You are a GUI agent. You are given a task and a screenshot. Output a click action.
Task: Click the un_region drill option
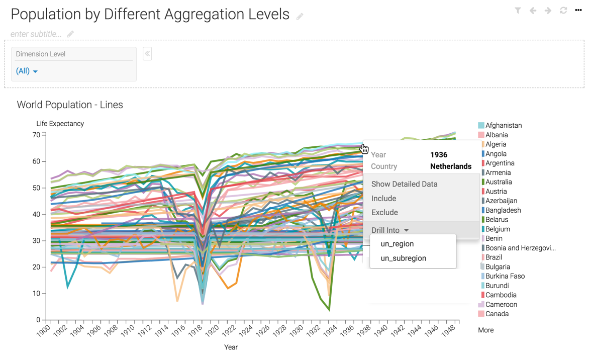(397, 244)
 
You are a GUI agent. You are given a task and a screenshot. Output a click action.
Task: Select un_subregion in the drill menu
(403, 258)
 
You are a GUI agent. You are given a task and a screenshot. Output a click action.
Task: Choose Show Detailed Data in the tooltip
(404, 184)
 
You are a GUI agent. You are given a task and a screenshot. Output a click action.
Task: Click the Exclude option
(384, 213)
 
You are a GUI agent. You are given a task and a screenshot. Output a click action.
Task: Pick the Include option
(383, 199)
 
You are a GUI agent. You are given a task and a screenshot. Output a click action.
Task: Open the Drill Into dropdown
(390, 230)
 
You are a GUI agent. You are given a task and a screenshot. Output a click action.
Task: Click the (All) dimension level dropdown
(27, 71)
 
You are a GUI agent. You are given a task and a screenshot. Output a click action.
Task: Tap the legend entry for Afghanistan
(503, 126)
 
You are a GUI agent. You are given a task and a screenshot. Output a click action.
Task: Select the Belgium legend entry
(498, 229)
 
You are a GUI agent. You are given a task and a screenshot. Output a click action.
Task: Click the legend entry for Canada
(497, 314)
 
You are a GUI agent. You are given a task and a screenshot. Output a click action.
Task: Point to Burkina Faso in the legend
(505, 276)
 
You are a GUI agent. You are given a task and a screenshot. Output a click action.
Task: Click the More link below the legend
(485, 330)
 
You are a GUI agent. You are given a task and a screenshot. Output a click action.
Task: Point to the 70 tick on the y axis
(36, 135)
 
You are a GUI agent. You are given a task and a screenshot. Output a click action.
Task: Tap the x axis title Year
(231, 347)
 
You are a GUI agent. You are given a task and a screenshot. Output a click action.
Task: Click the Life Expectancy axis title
(60, 124)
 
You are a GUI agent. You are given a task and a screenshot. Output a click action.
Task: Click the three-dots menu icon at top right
(578, 10)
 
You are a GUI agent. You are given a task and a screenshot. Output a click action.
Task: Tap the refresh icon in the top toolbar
(563, 11)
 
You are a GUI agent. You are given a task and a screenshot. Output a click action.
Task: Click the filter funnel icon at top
(518, 11)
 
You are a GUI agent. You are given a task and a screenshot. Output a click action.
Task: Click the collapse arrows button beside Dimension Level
(147, 54)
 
